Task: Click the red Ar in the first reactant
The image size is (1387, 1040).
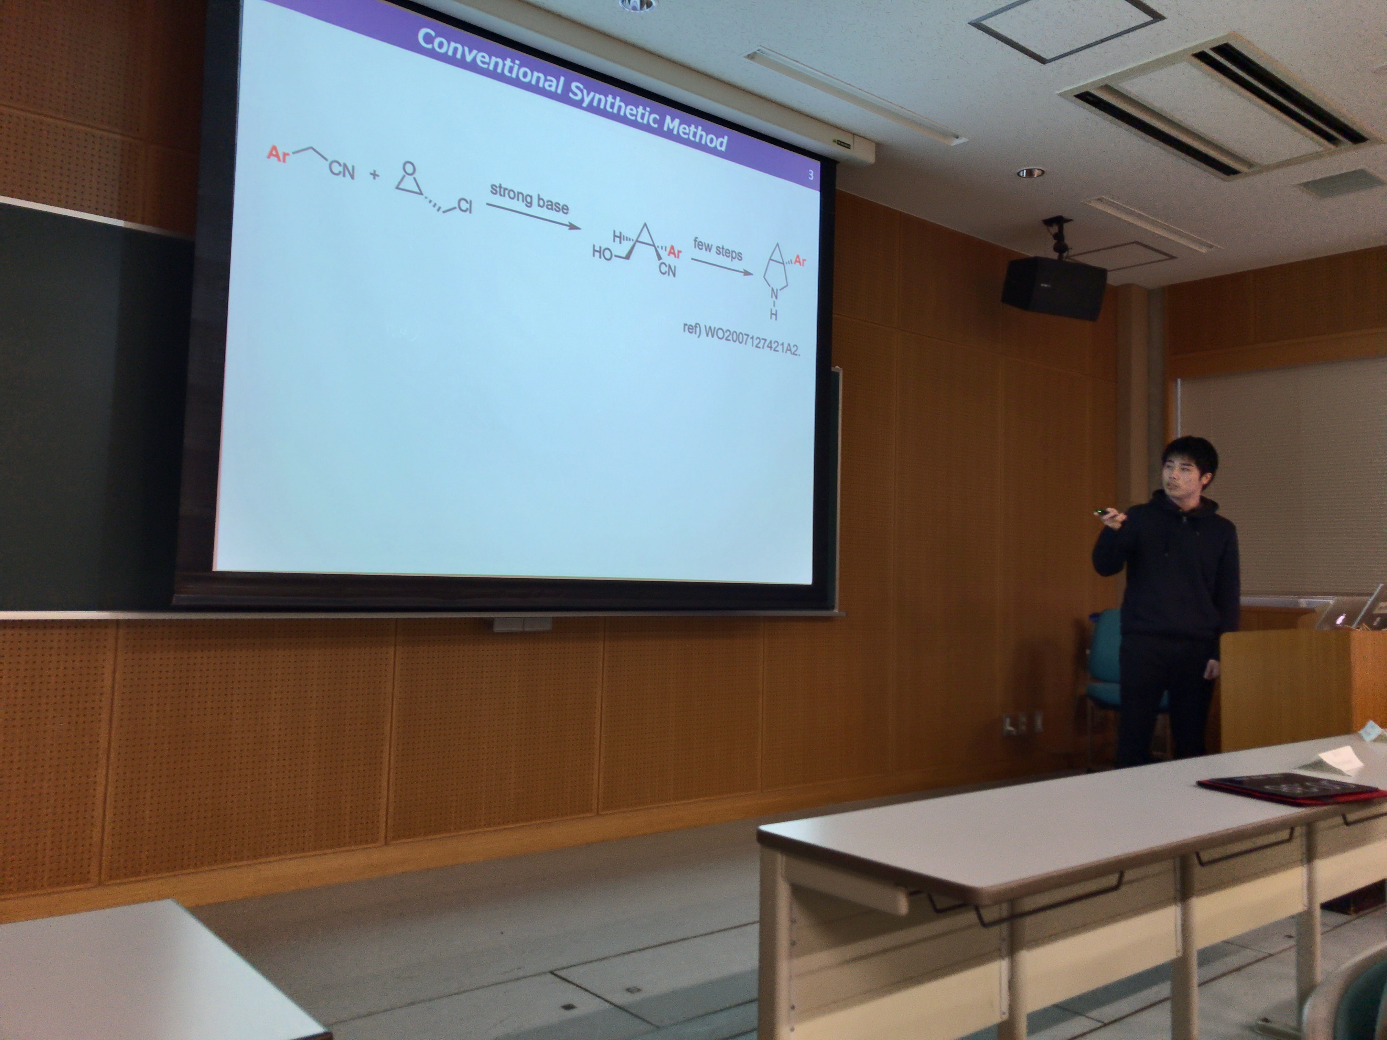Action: click(278, 153)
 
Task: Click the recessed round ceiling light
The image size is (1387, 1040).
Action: click(1031, 172)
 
